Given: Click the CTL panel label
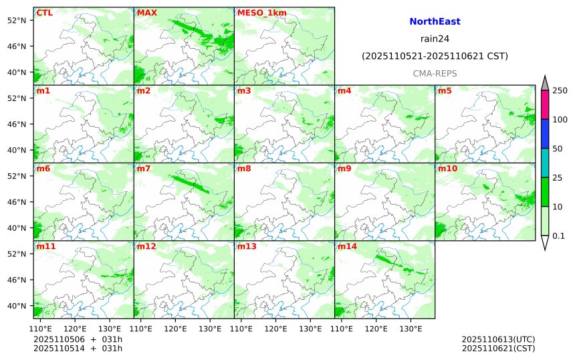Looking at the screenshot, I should click(45, 13).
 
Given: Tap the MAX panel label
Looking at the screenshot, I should click(146, 13).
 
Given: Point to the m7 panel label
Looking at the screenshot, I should click(144, 169).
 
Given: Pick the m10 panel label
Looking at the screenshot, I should click(447, 169).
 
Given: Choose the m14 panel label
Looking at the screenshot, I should click(347, 247).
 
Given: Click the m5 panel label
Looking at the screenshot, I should click(445, 90).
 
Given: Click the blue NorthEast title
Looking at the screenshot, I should click(435, 21).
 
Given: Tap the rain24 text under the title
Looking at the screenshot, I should click(435, 39).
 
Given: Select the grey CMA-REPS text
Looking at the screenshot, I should click(435, 73).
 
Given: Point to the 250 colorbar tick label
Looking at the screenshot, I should click(560, 90).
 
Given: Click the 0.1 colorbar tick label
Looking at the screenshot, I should click(558, 236).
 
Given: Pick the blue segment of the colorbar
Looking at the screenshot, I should click(544, 133).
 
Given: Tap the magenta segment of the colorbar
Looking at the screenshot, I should click(544, 104).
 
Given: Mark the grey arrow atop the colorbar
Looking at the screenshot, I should click(544, 82).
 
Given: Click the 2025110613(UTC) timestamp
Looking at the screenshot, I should click(498, 339).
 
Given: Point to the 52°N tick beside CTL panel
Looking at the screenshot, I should click(15, 20).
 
